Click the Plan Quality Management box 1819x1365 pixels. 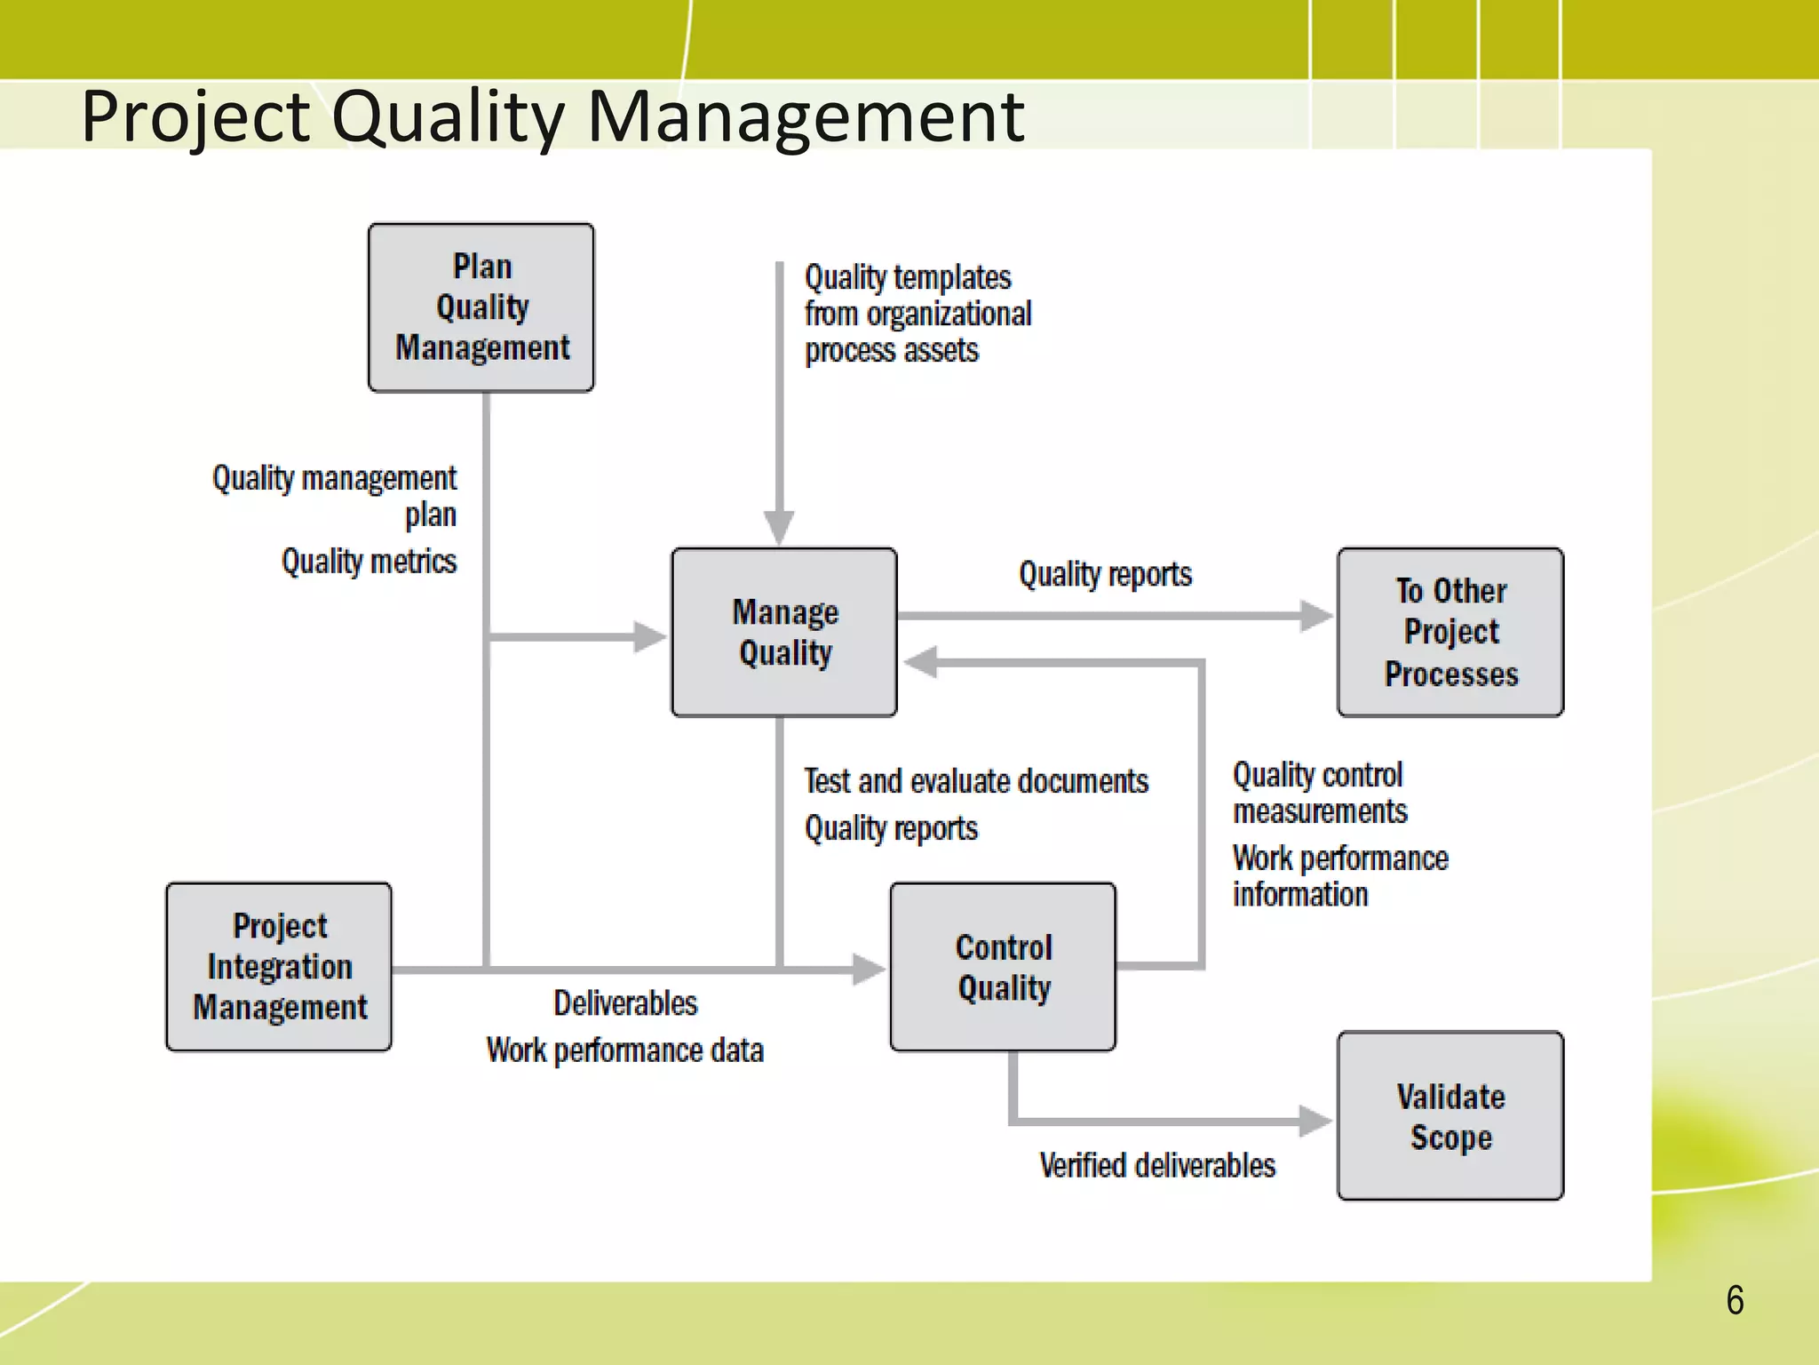point(481,307)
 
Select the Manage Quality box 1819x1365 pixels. point(784,632)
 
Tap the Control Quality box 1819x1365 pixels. point(1003,967)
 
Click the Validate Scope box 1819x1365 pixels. point(1450,1116)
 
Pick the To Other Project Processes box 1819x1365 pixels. point(1450,632)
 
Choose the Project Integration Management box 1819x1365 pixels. point(279,967)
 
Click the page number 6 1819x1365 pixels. point(1735,1300)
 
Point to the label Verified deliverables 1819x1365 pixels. point(1157,1165)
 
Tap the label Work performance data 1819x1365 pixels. point(624,1050)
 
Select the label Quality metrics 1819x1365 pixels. point(369,562)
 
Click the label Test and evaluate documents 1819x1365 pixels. point(976,781)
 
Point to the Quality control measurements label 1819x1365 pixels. point(1320,793)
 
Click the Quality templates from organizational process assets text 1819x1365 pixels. point(917,314)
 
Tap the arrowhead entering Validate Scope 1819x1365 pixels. point(1315,1121)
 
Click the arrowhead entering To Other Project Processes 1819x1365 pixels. point(1316,615)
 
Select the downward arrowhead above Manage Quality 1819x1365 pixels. point(779,528)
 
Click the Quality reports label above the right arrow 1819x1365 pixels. point(1105,574)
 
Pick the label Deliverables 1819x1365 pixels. point(625,1003)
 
